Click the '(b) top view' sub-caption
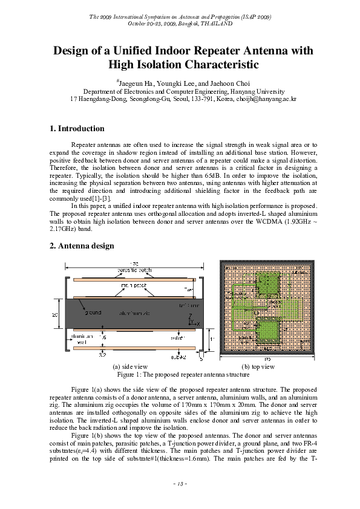point(258,367)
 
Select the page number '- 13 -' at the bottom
point(180,484)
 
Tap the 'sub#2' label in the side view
point(180,357)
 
